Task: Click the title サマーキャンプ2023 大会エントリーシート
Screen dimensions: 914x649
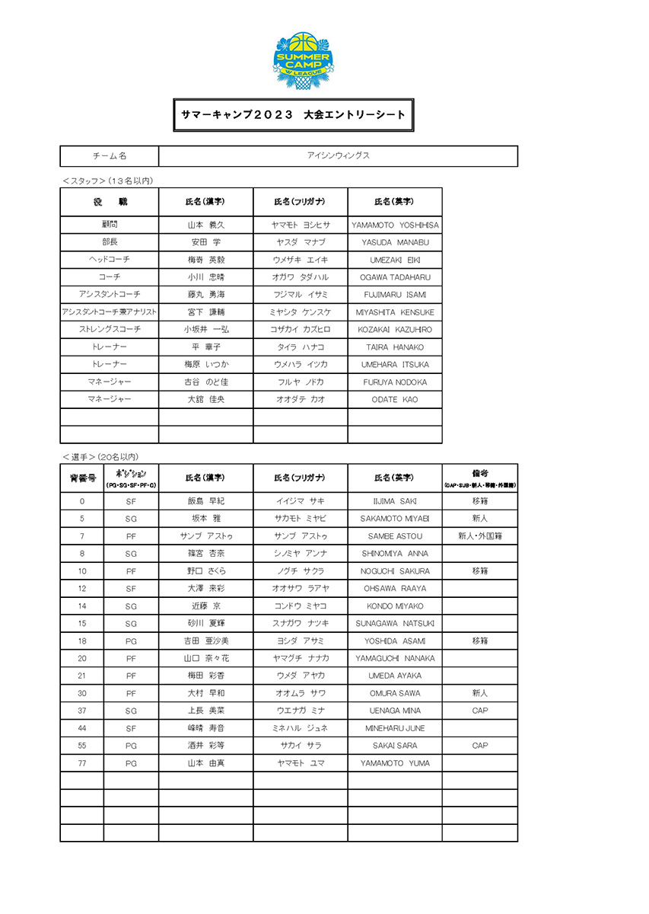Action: point(293,114)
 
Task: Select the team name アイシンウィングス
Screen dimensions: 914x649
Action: point(338,156)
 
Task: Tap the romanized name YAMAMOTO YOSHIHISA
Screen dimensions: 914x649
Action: point(395,225)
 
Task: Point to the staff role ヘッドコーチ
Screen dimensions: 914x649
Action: point(110,260)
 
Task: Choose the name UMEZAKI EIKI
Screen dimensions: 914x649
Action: point(395,260)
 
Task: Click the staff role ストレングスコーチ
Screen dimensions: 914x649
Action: point(110,330)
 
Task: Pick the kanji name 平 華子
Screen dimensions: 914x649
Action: point(205,347)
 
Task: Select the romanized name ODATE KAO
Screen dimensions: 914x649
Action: point(395,400)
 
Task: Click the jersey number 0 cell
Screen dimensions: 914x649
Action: point(81,501)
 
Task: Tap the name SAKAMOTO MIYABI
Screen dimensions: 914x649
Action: point(395,519)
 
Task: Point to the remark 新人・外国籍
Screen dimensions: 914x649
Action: point(480,536)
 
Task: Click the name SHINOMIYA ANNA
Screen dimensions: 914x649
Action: point(395,554)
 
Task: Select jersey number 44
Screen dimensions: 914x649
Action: point(81,728)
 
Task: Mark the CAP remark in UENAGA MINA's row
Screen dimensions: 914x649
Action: point(480,711)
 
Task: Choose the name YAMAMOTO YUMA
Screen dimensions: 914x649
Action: point(395,763)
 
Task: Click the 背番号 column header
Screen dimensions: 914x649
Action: point(81,478)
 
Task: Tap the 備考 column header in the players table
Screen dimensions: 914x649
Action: point(480,478)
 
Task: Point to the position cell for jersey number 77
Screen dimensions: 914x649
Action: point(131,763)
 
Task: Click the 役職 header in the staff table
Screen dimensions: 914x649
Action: point(110,202)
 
